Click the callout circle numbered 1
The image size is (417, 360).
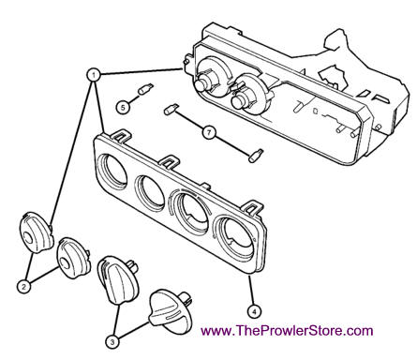click(x=93, y=75)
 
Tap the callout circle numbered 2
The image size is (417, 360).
click(x=24, y=286)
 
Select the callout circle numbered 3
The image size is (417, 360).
click(x=113, y=342)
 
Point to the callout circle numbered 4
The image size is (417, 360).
click(x=254, y=311)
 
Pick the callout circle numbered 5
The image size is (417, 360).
click(x=123, y=107)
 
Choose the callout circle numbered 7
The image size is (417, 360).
click(x=209, y=133)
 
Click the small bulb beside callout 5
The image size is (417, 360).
click(x=145, y=89)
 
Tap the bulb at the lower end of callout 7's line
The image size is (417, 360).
click(x=256, y=156)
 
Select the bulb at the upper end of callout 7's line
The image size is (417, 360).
click(x=171, y=109)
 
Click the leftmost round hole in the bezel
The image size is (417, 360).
click(x=112, y=170)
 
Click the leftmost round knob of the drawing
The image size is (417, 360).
click(x=36, y=232)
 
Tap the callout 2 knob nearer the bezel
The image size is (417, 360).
click(x=73, y=258)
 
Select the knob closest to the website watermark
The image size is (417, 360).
click(x=171, y=312)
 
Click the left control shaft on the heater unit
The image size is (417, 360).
click(x=204, y=82)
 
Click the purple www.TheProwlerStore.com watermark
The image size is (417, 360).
click(x=287, y=330)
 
